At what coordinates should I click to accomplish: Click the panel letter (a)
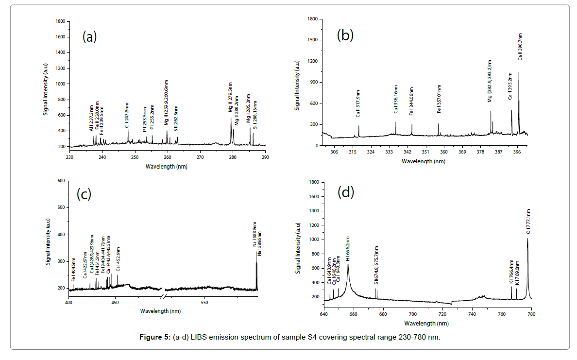coord(90,37)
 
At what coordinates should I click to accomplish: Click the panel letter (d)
coord(346,192)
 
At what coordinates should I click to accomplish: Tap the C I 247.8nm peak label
coord(127,115)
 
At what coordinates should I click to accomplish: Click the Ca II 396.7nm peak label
coord(520,46)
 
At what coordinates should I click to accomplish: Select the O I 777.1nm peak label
coord(528,222)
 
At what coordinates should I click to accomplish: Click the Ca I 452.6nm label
coord(118,258)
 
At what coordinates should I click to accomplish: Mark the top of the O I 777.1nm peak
coord(527,239)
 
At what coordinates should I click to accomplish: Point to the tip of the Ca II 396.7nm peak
coord(519,72)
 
